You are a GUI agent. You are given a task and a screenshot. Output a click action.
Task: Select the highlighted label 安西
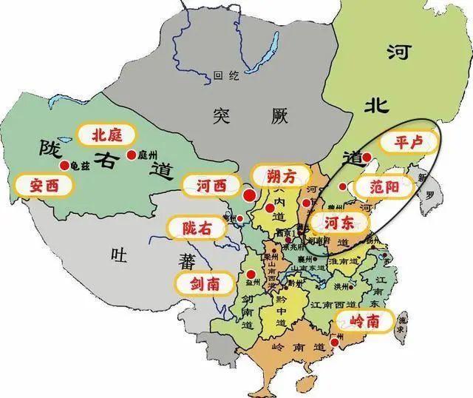pyautogui.click(x=43, y=186)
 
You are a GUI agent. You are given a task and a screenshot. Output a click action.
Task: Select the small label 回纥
pyautogui.click(x=223, y=75)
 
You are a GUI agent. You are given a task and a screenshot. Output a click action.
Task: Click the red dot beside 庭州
pyautogui.click(x=131, y=155)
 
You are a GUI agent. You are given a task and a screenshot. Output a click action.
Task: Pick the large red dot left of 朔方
pyautogui.click(x=250, y=196)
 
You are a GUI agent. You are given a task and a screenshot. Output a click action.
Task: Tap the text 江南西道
pyautogui.click(x=330, y=303)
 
